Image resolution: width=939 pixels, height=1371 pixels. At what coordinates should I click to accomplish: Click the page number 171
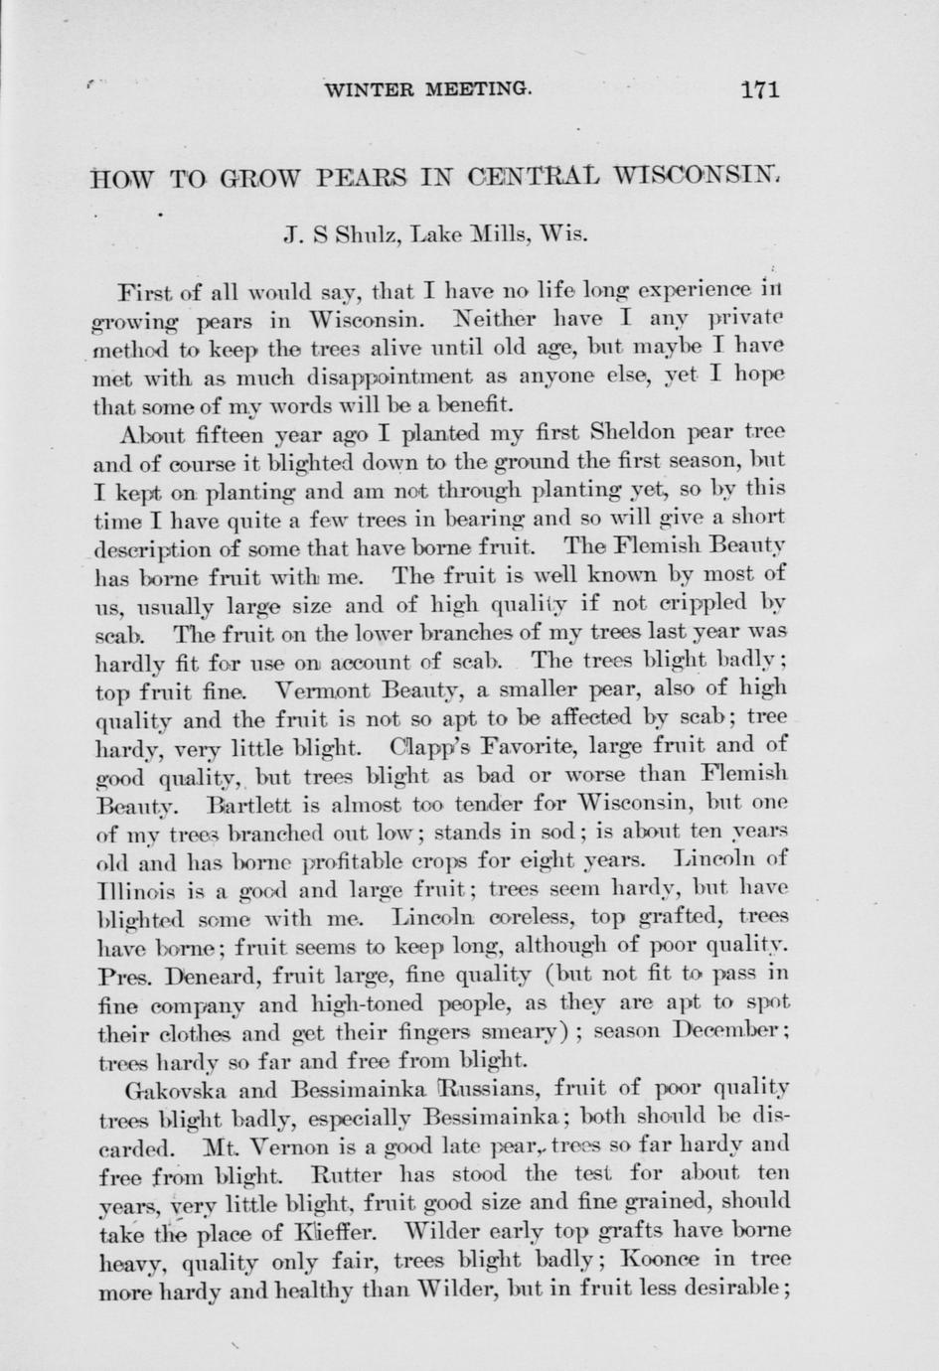(x=760, y=88)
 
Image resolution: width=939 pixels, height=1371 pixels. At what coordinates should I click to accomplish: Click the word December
(x=729, y=1028)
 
